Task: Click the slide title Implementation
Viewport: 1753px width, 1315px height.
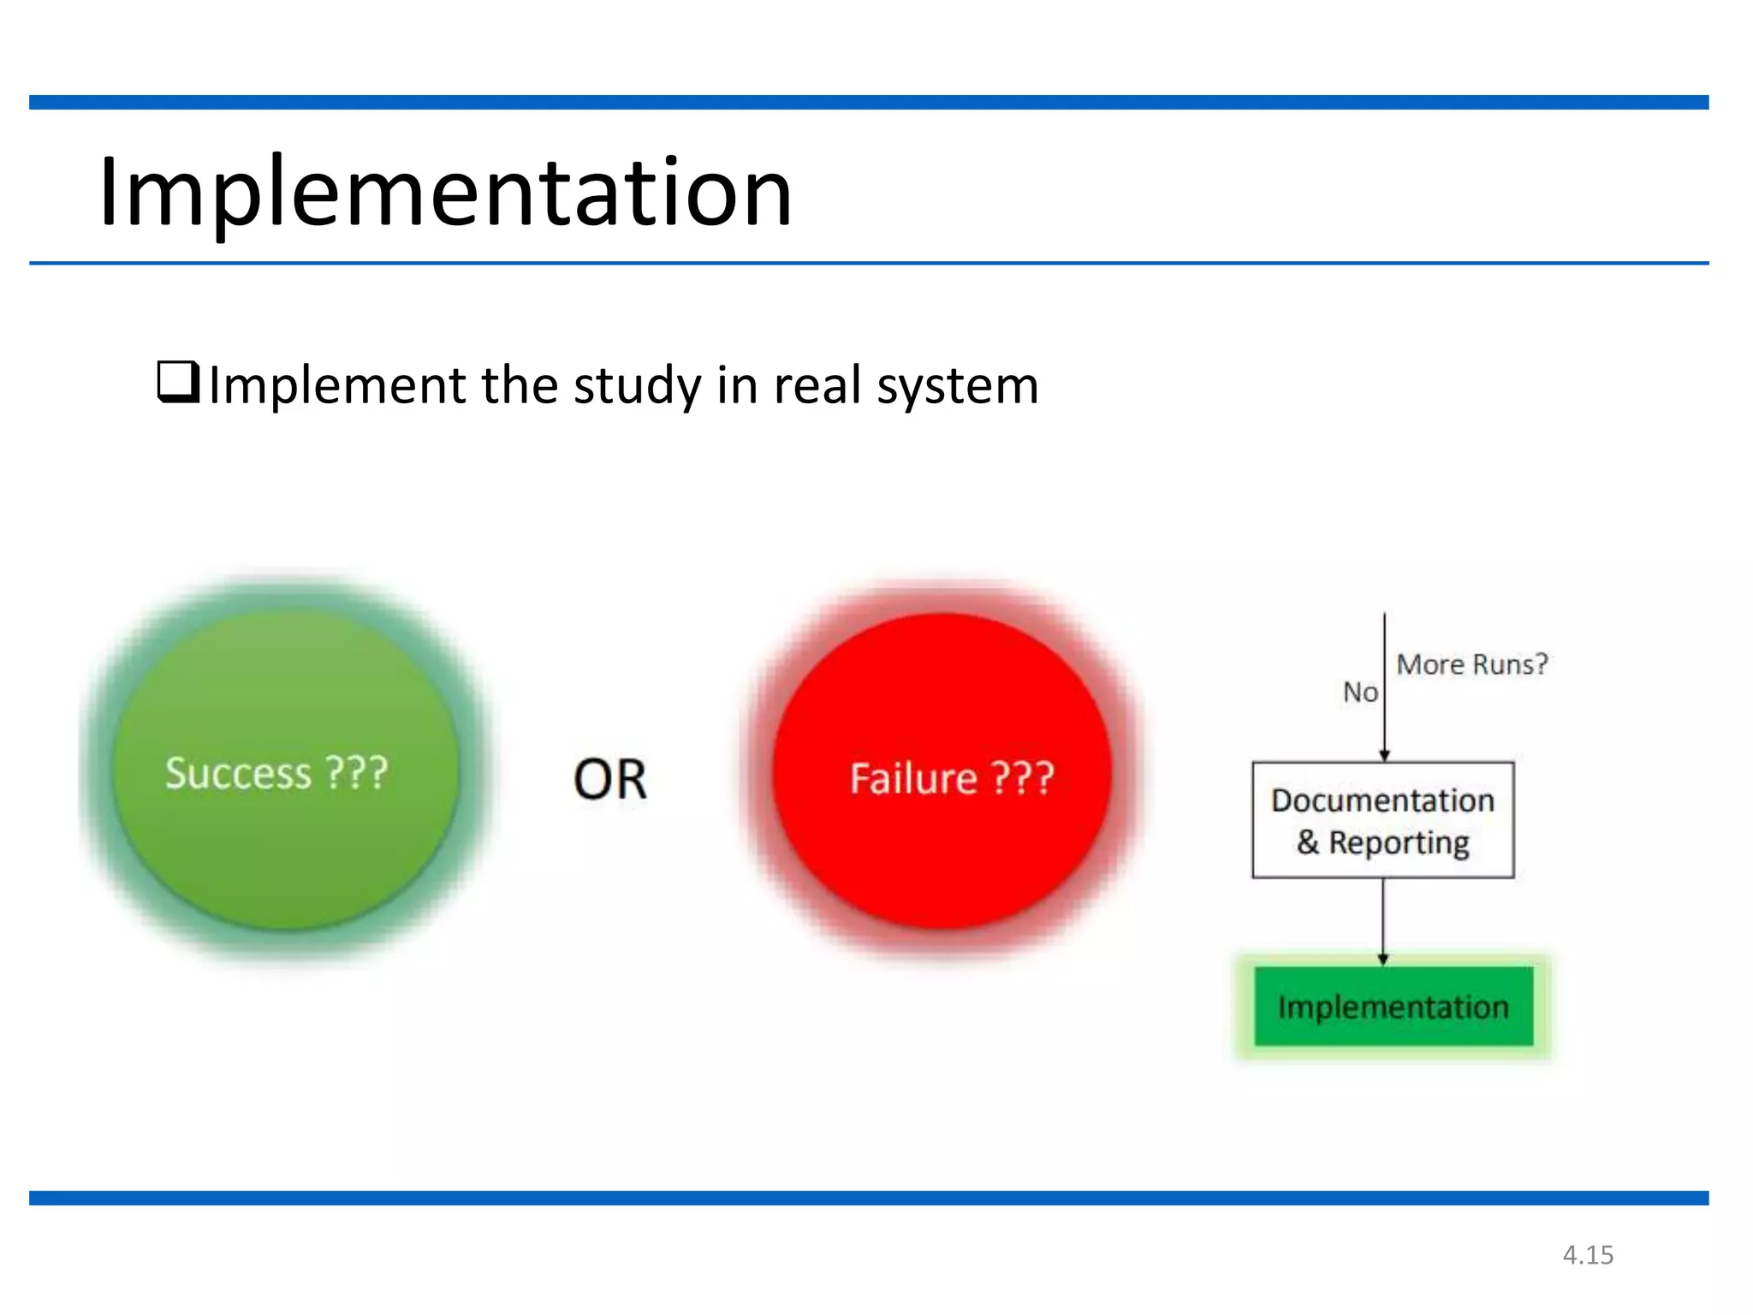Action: pyautogui.click(x=445, y=193)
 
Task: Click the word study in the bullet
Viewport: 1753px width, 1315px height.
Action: pyautogui.click(x=637, y=387)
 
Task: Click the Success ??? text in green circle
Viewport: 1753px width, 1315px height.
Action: pyautogui.click(x=276, y=773)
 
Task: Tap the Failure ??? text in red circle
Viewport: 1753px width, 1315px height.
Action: pyautogui.click(x=951, y=778)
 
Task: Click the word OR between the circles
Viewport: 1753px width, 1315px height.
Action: pyautogui.click(x=609, y=780)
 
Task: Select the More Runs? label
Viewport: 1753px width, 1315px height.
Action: pyautogui.click(x=1472, y=664)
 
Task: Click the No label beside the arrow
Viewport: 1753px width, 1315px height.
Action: pyautogui.click(x=1360, y=692)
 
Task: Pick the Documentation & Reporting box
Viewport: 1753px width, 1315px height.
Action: pyautogui.click(x=1382, y=820)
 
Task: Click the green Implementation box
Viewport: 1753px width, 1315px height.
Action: pyautogui.click(x=1393, y=1007)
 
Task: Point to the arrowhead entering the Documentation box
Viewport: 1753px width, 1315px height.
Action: pyautogui.click(x=1384, y=755)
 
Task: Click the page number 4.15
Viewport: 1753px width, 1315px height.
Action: pyautogui.click(x=1588, y=1255)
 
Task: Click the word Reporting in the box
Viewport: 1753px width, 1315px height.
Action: pyautogui.click(x=1399, y=843)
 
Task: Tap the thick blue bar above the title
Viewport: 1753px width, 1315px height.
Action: pyautogui.click(x=869, y=103)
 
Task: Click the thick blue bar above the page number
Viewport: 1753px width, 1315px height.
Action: pyautogui.click(x=869, y=1198)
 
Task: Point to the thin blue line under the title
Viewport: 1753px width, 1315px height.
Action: pyautogui.click(x=869, y=263)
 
